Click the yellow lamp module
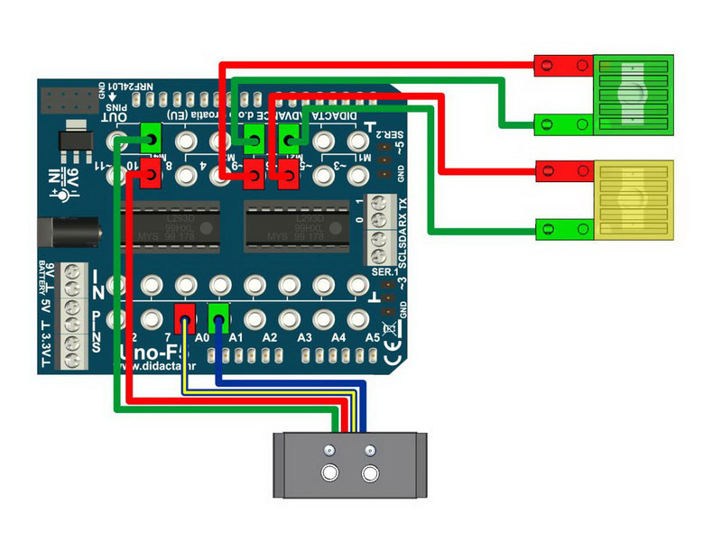(x=635, y=201)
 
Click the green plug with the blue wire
(x=218, y=316)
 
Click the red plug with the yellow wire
(x=185, y=316)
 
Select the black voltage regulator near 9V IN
(x=69, y=135)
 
